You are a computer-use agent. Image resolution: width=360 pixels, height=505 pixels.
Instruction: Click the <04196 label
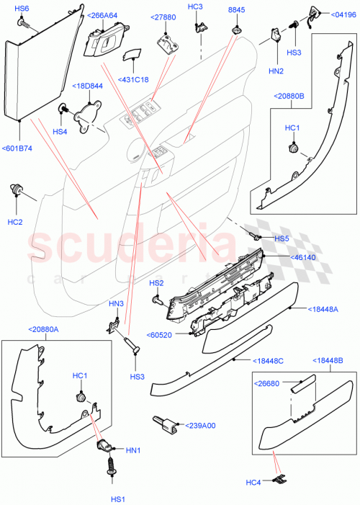[343, 14]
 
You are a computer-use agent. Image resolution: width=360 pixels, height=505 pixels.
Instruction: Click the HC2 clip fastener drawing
[16, 190]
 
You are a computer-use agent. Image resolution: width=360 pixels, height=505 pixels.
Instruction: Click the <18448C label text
[267, 360]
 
